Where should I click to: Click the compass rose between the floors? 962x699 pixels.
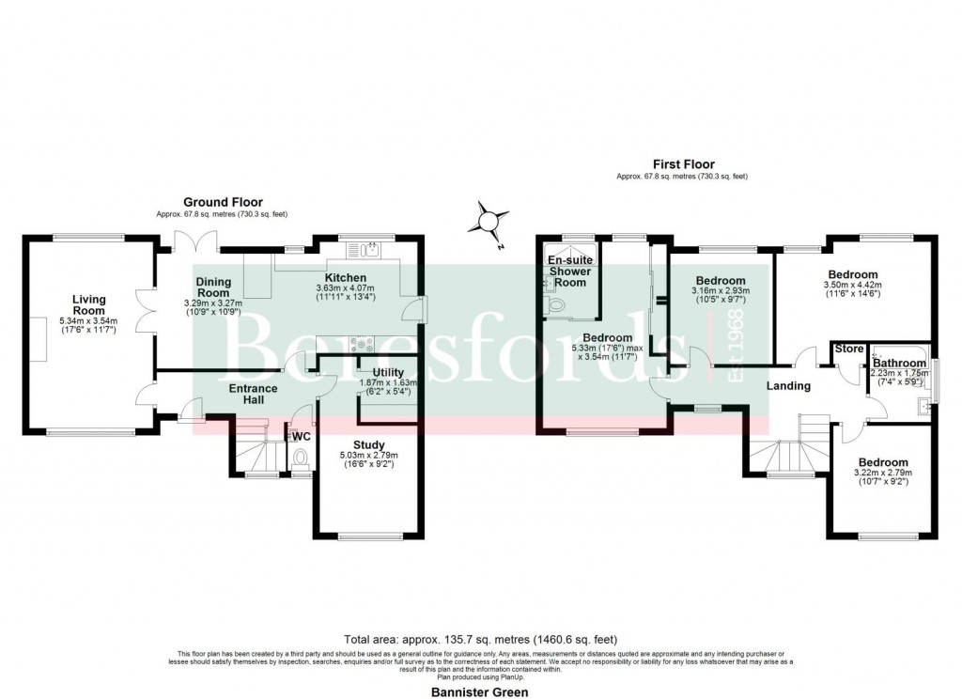(x=489, y=222)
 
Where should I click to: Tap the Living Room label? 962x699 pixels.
(x=89, y=305)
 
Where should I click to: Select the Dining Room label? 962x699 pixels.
(x=214, y=287)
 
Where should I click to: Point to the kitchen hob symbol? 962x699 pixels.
(x=361, y=344)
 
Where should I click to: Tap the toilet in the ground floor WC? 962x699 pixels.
(x=301, y=458)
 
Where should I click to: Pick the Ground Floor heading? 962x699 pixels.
(x=223, y=202)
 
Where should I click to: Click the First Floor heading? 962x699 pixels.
(x=681, y=163)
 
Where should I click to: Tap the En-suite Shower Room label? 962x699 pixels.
(x=570, y=271)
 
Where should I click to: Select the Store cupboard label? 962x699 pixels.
(x=849, y=349)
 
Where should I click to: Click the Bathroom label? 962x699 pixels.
(x=898, y=363)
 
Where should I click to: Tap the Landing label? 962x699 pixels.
(x=788, y=386)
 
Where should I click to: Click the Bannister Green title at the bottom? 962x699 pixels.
(x=480, y=691)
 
